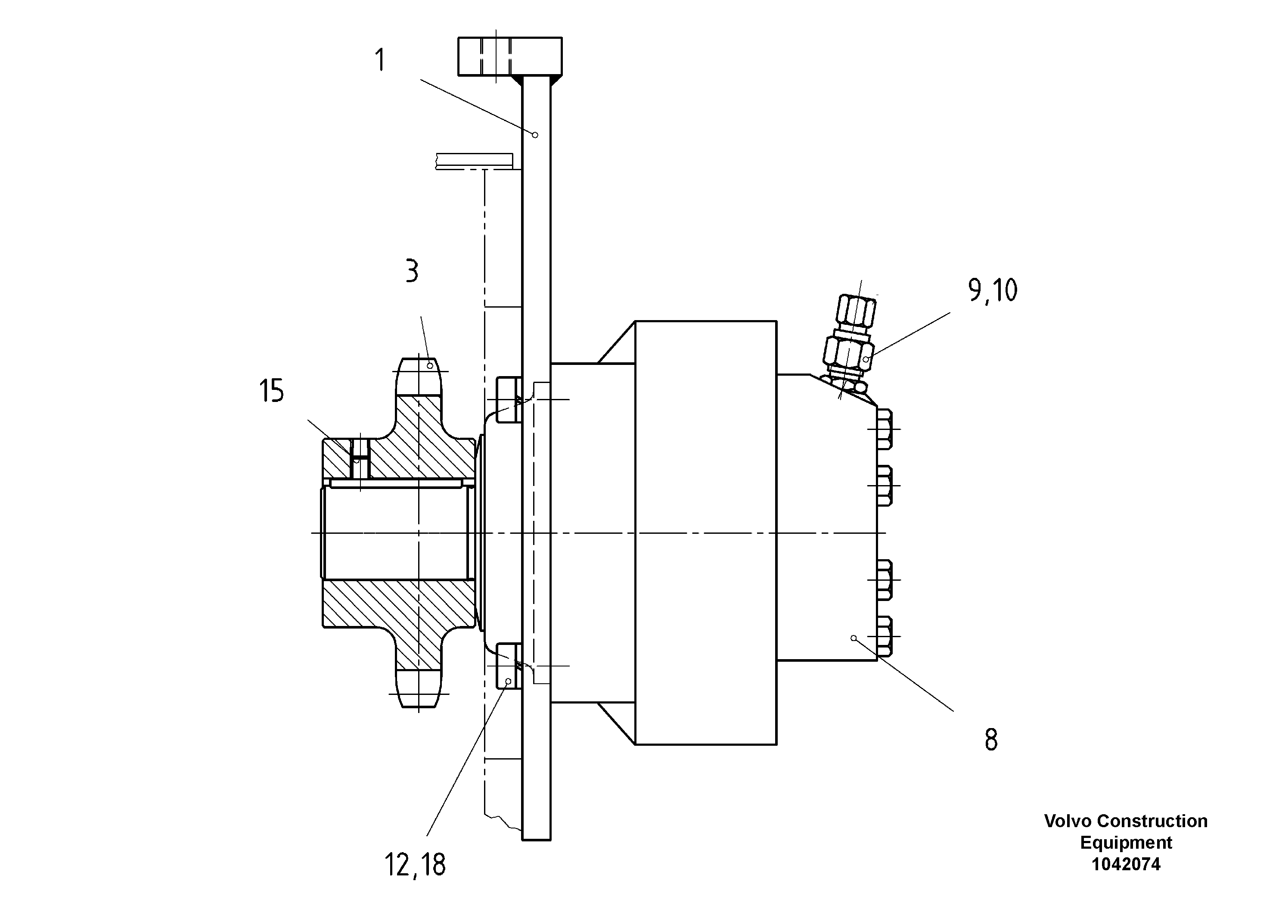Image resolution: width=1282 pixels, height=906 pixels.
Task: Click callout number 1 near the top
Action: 380,60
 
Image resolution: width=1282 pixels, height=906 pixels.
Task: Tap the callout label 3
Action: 412,271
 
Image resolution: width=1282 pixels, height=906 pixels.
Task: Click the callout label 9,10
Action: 992,290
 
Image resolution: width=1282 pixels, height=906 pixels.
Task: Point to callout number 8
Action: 990,740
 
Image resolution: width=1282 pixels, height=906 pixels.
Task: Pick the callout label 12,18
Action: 415,865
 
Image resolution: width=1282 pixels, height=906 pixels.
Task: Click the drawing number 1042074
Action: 1126,864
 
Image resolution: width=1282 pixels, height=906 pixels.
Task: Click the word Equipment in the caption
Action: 1126,842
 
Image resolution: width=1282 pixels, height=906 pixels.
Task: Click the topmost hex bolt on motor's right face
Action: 885,429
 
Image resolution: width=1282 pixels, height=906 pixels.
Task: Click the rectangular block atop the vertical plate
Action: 509,56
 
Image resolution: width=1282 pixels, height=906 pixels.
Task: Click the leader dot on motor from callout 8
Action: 853,638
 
